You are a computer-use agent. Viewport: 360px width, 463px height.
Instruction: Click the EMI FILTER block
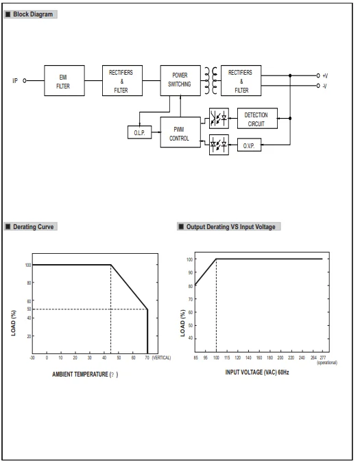[64, 81]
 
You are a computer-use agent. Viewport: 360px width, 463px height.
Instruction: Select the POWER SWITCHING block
[180, 81]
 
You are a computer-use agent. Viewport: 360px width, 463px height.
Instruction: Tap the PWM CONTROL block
[180, 132]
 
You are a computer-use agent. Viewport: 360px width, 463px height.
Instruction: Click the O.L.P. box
[140, 132]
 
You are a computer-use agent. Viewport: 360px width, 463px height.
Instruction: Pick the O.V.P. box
[249, 145]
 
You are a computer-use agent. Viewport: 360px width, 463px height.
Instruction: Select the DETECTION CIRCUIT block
[257, 119]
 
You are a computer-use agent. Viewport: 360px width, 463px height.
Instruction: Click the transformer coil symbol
[211, 80]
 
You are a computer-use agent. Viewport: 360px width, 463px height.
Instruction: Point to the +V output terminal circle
[318, 75]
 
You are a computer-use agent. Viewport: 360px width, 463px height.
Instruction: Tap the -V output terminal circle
[318, 86]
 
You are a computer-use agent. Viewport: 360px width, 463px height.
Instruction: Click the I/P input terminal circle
[25, 81]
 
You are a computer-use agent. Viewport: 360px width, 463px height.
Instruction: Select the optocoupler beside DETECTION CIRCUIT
[219, 119]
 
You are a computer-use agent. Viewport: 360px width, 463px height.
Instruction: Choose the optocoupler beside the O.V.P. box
[219, 145]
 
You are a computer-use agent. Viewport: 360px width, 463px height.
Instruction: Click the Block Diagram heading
[30, 14]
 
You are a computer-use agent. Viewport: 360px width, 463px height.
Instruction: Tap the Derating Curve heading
[31, 227]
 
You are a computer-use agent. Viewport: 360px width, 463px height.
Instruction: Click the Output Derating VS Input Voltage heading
[229, 227]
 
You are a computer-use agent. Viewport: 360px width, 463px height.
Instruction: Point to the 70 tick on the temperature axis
[147, 357]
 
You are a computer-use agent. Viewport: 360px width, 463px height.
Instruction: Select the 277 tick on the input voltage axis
[323, 357]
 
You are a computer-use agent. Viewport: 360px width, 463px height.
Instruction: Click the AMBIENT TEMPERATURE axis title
[85, 375]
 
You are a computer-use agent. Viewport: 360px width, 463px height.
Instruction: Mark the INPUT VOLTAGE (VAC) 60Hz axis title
[257, 372]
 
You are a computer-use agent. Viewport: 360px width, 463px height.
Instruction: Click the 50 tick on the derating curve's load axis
[29, 309]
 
